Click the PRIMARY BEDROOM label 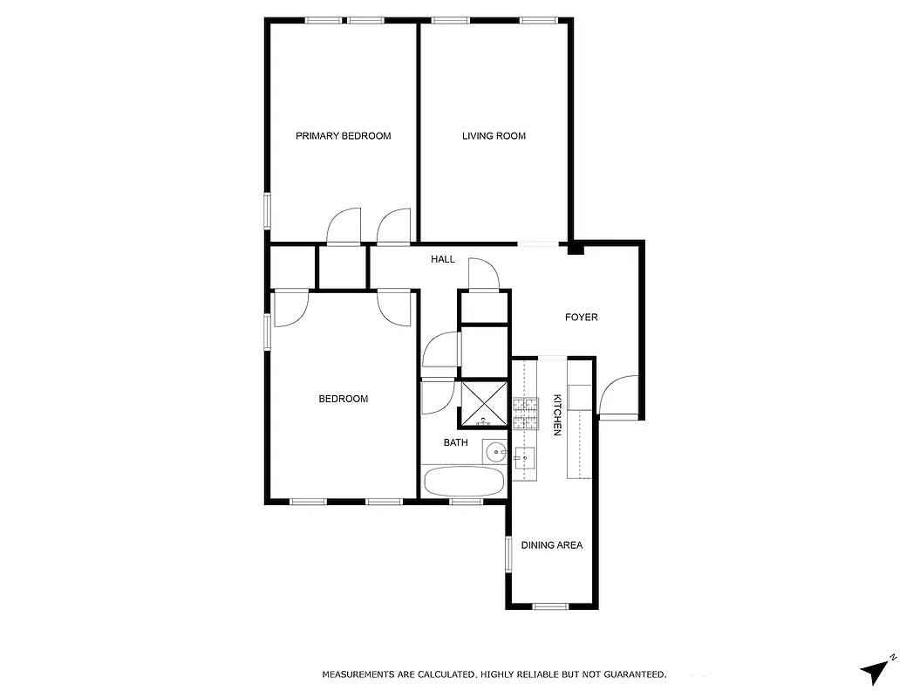343,136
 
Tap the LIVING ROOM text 494,136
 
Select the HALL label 443,259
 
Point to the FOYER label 582,317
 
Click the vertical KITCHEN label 556,415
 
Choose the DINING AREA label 551,545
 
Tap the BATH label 455,442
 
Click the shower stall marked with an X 483,404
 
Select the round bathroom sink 494,452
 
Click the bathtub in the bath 463,481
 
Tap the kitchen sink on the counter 525,457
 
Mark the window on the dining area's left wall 508,553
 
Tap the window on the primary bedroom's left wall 269,210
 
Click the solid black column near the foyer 575,249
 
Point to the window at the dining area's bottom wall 550,606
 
